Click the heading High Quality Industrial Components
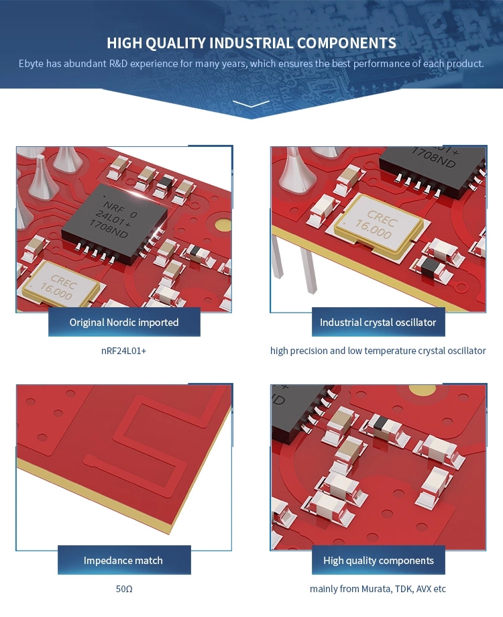pos(251,43)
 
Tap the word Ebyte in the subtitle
pos(31,64)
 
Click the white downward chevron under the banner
pos(251,104)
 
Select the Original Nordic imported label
pos(124,323)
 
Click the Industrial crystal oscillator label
pos(378,323)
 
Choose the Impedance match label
pos(123,560)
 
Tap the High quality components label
pos(378,560)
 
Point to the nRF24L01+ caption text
pos(124,351)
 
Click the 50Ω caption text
pos(124,589)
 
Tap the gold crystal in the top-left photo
pos(60,285)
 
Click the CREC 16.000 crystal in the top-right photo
pos(379,225)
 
